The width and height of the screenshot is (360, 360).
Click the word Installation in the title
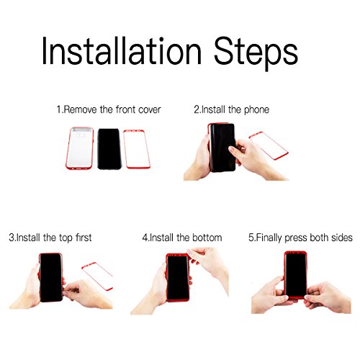tap(122, 50)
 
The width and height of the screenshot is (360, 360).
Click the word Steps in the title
tap(256, 54)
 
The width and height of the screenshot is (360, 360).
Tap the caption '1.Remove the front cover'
tap(109, 109)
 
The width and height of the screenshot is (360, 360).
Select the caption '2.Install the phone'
tap(232, 110)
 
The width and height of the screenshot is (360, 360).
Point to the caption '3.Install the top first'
tap(50, 238)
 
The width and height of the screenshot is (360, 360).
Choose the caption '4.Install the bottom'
tap(182, 238)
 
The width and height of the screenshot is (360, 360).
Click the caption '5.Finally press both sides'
tap(300, 238)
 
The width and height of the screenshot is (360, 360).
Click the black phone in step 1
tap(109, 149)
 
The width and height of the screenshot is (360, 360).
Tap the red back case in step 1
tap(80, 148)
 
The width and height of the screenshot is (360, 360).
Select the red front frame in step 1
tap(125, 149)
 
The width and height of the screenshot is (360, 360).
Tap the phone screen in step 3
tap(51, 278)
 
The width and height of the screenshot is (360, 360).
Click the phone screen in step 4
tap(178, 277)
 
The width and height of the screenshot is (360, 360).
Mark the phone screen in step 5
tap(295, 274)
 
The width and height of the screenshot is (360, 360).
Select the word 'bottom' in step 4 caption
tap(207, 238)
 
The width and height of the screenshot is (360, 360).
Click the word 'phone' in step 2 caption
tap(256, 110)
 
